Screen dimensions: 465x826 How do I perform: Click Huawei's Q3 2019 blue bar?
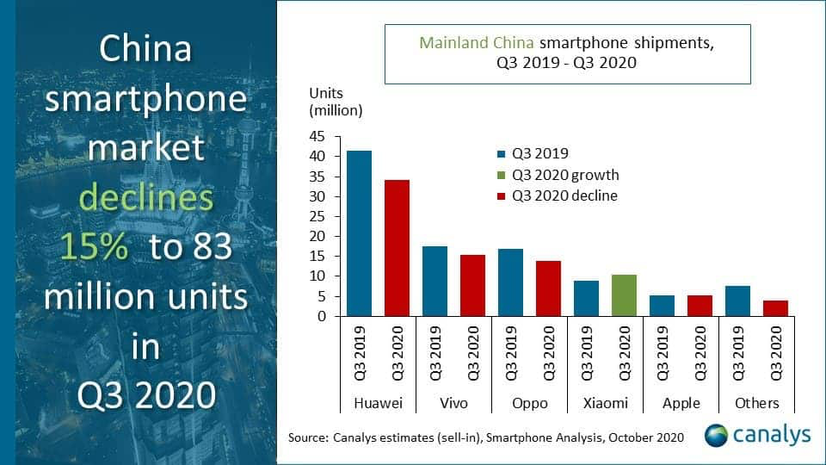click(359, 233)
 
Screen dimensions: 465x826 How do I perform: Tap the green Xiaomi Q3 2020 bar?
click(624, 295)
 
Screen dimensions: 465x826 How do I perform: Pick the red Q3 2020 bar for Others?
click(775, 307)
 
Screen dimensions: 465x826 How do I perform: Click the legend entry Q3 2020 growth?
click(564, 175)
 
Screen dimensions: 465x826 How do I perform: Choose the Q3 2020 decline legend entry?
click(564, 195)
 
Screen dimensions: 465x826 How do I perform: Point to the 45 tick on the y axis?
click(317, 137)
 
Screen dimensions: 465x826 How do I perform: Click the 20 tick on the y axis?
click(317, 236)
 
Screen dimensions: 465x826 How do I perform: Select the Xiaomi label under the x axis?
click(605, 403)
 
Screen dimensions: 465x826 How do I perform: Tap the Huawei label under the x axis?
click(377, 403)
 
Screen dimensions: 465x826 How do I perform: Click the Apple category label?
click(681, 403)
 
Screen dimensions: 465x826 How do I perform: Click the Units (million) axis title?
click(336, 102)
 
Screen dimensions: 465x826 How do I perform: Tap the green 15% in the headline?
click(95, 247)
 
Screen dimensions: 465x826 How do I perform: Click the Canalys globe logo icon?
click(716, 436)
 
